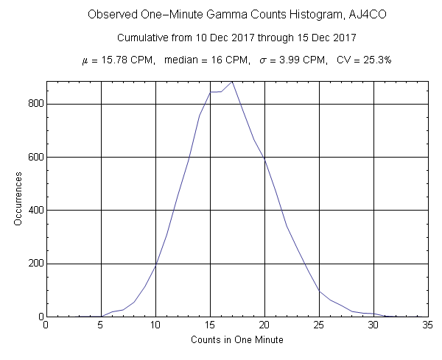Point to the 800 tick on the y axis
tap(33, 104)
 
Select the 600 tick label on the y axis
tap(33, 157)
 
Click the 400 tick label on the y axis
tap(33, 210)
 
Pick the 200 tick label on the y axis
tap(33, 264)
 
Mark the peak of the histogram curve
tap(232, 82)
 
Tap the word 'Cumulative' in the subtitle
tap(143, 38)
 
